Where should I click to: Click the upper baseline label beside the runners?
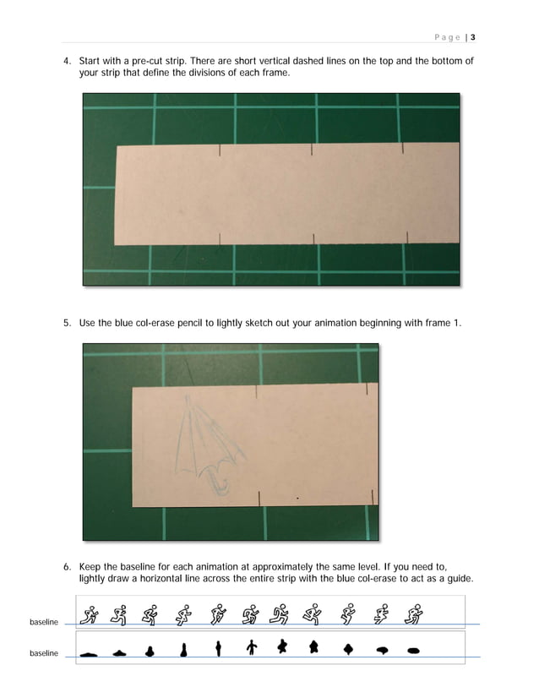point(44,623)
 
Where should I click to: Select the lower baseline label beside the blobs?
point(44,654)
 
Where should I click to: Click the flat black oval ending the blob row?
point(413,650)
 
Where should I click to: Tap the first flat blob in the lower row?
point(89,652)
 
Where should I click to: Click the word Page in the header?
point(448,37)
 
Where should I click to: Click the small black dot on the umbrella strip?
point(297,499)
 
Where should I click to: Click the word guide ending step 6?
point(458,579)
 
